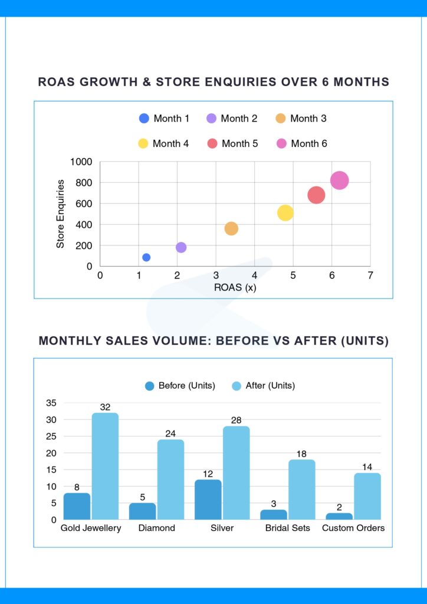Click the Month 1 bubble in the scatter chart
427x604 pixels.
coord(146,257)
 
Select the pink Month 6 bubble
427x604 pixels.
coord(339,180)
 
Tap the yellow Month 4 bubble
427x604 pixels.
coord(285,213)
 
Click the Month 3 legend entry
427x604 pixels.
coord(301,119)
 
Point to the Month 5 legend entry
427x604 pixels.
coord(232,143)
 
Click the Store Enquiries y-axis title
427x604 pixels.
coord(61,214)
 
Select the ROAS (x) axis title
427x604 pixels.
coord(235,288)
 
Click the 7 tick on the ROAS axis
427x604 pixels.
coord(370,275)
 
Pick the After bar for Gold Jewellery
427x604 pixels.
coord(105,466)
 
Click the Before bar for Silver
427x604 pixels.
coord(208,500)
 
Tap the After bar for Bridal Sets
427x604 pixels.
coord(302,490)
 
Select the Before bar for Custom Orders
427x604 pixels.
coord(339,516)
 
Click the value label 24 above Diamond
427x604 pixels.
coord(170,434)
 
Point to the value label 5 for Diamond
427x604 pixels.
coord(142,497)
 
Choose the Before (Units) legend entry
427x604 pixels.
coord(180,386)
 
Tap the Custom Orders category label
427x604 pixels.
coord(353,528)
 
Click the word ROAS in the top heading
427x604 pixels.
coord(58,82)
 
